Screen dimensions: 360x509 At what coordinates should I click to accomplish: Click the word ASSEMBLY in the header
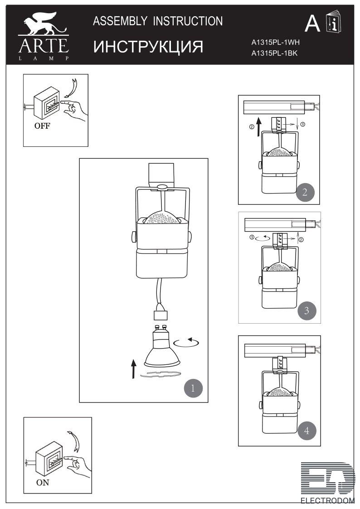click(120, 21)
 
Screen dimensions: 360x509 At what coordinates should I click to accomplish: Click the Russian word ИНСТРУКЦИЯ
click(148, 47)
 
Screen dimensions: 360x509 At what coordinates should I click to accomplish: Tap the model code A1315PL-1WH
click(276, 42)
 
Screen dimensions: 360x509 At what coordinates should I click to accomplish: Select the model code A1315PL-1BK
click(274, 53)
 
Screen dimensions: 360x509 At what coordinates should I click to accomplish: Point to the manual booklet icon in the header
click(333, 22)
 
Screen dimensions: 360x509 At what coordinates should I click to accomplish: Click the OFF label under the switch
click(42, 126)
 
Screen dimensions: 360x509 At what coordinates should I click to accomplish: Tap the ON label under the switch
click(43, 483)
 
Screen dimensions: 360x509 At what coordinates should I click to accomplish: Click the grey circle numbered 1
click(193, 388)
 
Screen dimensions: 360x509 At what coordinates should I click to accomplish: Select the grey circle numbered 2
click(305, 192)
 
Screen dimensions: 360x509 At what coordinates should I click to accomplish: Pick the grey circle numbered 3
click(307, 310)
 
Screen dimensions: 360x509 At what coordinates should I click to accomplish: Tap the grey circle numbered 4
click(307, 431)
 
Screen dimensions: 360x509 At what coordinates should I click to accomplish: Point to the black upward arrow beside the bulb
click(133, 369)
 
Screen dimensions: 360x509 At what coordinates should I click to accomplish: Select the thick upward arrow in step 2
click(258, 127)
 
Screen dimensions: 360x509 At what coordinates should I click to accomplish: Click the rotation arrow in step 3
click(263, 238)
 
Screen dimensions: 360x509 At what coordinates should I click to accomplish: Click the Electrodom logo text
click(327, 500)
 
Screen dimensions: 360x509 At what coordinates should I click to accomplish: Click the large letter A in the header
click(312, 23)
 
